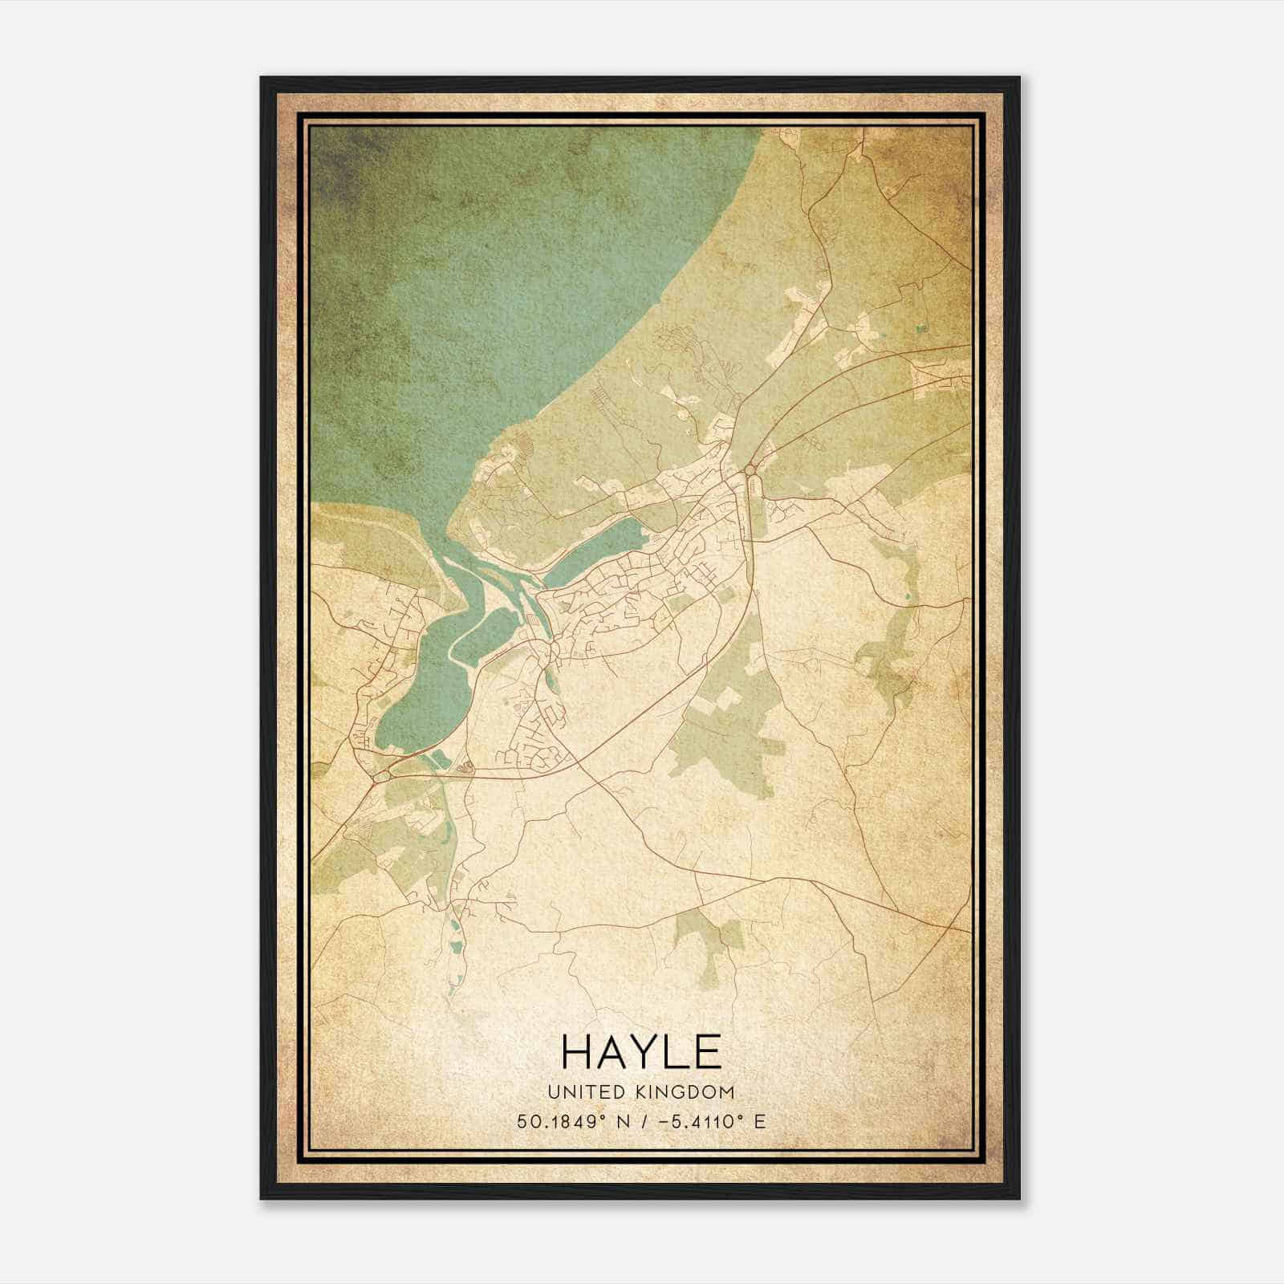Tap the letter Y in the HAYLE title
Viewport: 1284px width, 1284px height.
pyautogui.click(x=642, y=1050)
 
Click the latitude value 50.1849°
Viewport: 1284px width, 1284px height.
pyautogui.click(x=559, y=1120)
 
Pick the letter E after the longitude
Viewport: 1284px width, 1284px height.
pyautogui.click(x=759, y=1120)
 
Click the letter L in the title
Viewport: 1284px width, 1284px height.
pyautogui.click(x=676, y=1050)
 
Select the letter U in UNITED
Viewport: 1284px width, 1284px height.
pyautogui.click(x=553, y=1092)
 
